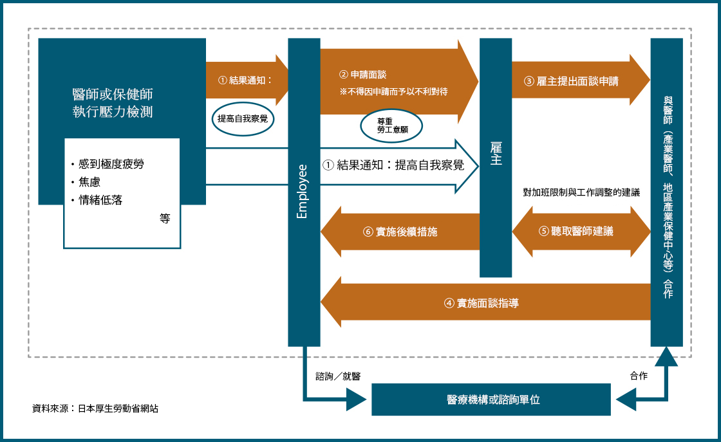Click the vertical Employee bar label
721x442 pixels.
point(303,192)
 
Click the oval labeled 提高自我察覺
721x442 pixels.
point(243,119)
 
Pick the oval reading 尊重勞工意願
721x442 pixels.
point(391,125)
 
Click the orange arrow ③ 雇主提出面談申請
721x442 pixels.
point(572,81)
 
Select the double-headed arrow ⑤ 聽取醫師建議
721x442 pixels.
point(580,230)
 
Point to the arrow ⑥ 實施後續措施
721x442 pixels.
point(400,231)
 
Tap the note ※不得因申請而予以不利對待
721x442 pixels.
point(393,91)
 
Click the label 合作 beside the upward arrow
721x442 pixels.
point(639,376)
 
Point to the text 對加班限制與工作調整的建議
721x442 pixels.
point(581,192)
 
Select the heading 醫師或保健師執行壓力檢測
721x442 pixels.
point(113,103)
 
